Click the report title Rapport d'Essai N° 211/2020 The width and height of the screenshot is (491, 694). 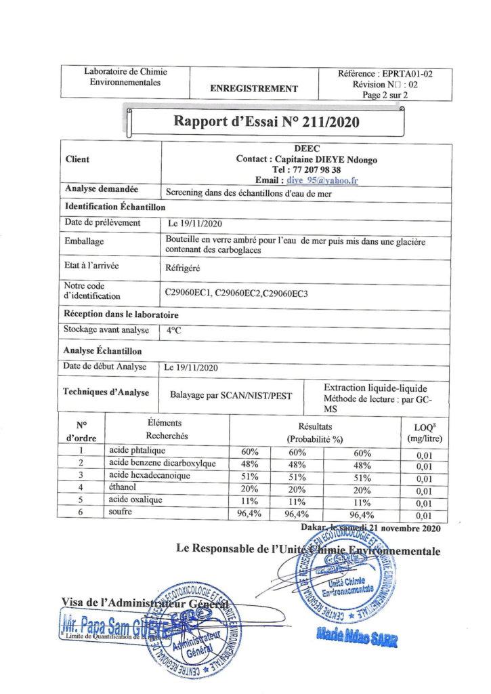click(266, 122)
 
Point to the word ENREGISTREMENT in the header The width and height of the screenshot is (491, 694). click(254, 89)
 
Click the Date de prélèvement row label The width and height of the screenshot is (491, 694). click(102, 222)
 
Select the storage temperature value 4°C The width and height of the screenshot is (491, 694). click(174, 331)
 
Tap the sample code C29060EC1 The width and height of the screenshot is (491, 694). click(188, 292)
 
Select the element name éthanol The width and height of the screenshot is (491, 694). click(123, 487)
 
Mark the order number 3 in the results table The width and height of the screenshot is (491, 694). click(81, 475)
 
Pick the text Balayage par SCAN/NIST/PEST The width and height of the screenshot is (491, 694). click(232, 395)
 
